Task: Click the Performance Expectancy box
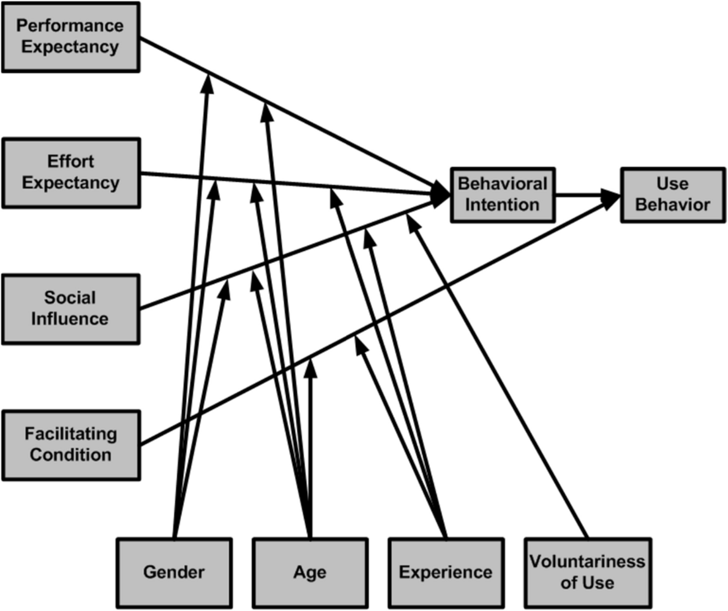click(x=70, y=37)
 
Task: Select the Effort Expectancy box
click(x=71, y=173)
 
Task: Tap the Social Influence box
click(x=70, y=309)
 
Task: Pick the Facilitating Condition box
click(x=71, y=445)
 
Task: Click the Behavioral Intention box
click(x=502, y=195)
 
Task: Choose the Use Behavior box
click(x=673, y=195)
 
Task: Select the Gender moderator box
click(x=174, y=572)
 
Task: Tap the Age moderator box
click(x=310, y=572)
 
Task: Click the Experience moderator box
click(x=446, y=572)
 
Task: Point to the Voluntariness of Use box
click(x=587, y=572)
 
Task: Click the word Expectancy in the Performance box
click(x=70, y=47)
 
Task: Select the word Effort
click(x=71, y=161)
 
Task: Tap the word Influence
click(x=70, y=319)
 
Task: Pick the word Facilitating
click(x=71, y=434)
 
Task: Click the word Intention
click(x=502, y=205)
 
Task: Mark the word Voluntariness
click(x=587, y=562)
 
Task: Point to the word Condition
click(x=71, y=455)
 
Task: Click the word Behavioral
click(x=503, y=184)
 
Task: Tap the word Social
click(x=70, y=298)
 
